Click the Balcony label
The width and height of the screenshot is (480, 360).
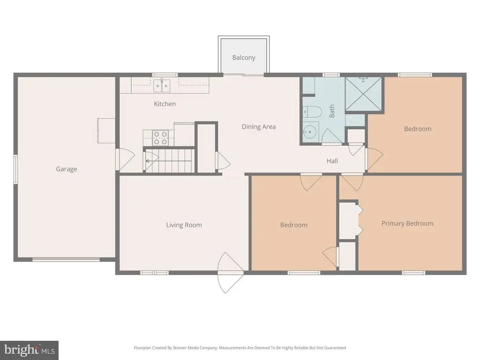click(x=244, y=58)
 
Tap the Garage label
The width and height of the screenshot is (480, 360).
click(x=67, y=169)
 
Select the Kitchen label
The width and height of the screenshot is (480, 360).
click(x=165, y=104)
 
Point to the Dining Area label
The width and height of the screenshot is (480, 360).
click(x=259, y=127)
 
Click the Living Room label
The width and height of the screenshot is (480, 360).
click(x=184, y=225)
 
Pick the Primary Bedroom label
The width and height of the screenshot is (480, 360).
click(x=407, y=224)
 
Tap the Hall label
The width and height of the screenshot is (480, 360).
click(x=332, y=161)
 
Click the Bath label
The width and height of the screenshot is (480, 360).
click(x=332, y=111)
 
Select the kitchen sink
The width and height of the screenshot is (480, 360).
click(x=162, y=86)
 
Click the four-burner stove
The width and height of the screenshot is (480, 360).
click(x=161, y=138)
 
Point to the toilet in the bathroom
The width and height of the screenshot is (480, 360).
click(x=312, y=112)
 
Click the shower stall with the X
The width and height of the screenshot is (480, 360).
click(x=363, y=94)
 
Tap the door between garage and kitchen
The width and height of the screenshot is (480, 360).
click(x=126, y=160)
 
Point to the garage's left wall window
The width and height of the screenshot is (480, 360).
click(x=15, y=169)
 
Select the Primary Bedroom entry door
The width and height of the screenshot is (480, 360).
click(x=352, y=182)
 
